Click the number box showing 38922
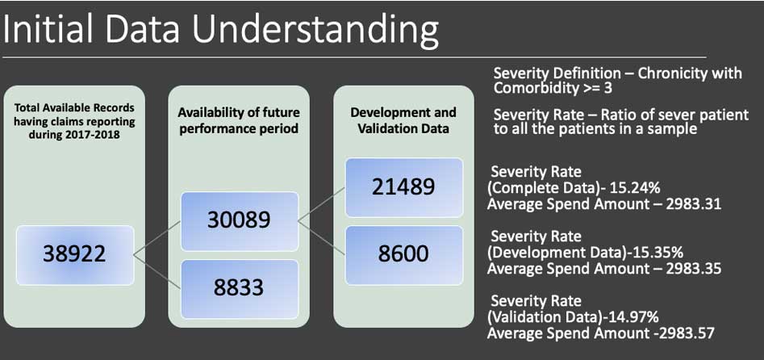click(75, 254)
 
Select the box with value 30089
click(240, 221)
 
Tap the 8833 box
click(240, 289)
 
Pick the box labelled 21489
click(404, 188)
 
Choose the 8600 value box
click(404, 254)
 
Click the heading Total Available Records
click(74, 107)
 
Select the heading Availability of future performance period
click(239, 121)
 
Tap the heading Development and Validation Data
click(403, 121)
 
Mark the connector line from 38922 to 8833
click(157, 272)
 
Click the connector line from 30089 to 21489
click(322, 204)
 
